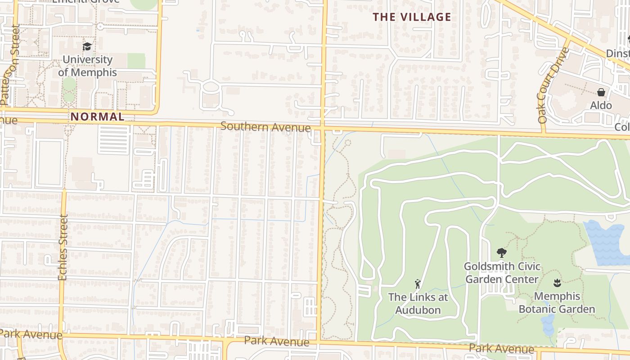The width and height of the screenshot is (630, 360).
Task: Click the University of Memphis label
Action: pos(87,66)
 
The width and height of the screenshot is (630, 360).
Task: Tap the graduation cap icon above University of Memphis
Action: pos(87,46)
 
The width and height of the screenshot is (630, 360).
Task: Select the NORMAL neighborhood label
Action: pos(97,117)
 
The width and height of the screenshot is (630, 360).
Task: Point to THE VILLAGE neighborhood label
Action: pos(412,17)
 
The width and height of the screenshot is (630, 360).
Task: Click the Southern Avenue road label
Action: pos(265,127)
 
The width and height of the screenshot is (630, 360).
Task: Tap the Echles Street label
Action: pos(63,247)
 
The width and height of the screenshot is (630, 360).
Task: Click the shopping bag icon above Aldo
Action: pos(601,93)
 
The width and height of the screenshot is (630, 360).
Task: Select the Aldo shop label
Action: pos(601,105)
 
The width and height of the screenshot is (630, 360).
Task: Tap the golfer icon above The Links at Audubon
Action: pos(418,284)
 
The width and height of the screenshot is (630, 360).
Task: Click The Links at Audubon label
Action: pos(418,303)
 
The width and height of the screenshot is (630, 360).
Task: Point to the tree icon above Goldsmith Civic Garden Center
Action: pos(501,253)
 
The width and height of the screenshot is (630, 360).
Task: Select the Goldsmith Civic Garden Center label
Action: pos(502,273)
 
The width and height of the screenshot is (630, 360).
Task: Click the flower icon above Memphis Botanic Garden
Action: pos(557,283)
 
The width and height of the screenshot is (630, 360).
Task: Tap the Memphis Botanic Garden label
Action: pos(557,303)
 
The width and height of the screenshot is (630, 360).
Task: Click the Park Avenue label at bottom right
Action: pos(501,348)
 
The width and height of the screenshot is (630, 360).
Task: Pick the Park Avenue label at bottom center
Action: pos(276,341)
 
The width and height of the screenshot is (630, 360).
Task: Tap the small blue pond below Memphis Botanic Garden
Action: pos(548,325)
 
